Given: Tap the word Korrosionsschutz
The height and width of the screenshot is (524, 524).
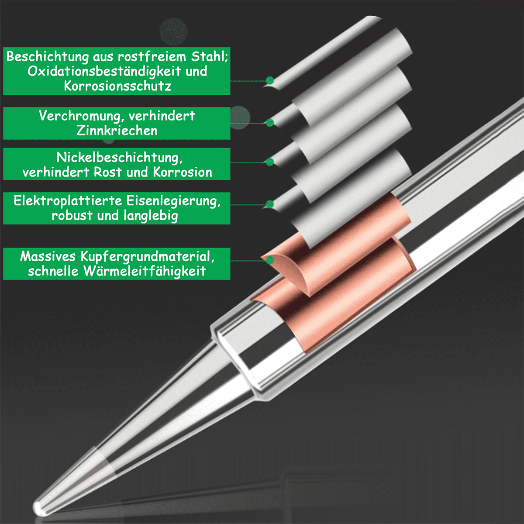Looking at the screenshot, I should [x=117, y=86].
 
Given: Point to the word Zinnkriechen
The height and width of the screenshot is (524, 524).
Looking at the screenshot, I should [x=117, y=130].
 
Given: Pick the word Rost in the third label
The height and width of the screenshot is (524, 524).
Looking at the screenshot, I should [x=108, y=172].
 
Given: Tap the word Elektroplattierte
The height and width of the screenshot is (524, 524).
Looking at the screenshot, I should [x=68, y=201].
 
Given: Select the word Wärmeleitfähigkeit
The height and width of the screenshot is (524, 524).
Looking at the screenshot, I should [x=145, y=271].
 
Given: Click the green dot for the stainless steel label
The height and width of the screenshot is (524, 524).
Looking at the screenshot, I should [x=270, y=80].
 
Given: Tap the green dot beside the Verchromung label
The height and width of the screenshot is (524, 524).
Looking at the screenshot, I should [x=270, y=122].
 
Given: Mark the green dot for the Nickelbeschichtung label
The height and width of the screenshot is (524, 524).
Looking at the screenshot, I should [x=270, y=162].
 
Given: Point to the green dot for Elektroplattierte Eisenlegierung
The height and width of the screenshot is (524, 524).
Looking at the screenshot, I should [x=270, y=204].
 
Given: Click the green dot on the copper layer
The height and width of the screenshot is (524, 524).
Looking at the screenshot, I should [x=270, y=261].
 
